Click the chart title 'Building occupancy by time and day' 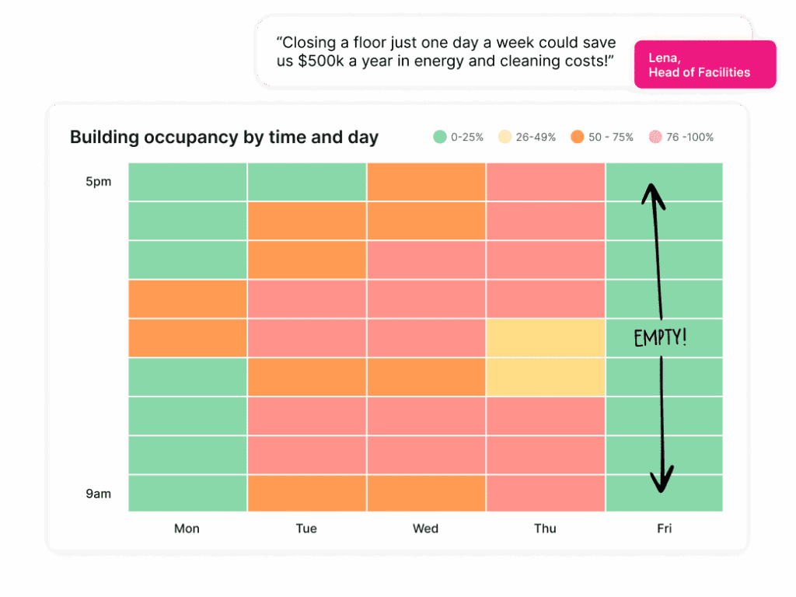tap(224, 138)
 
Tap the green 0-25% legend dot tap(440, 137)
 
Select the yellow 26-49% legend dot tap(504, 137)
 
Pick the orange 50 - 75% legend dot tap(577, 137)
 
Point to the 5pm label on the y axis tap(99, 182)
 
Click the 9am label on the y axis tap(99, 494)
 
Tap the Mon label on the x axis tap(187, 529)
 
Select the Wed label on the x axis tap(425, 529)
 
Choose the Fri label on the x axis tap(664, 529)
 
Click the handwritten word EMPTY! tap(660, 338)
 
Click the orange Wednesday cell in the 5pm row tap(426, 182)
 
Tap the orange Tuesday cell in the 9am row tap(306, 493)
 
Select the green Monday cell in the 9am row tap(187, 493)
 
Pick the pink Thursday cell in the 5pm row tap(545, 182)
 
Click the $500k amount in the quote tap(320, 61)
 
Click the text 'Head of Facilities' tap(699, 72)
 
